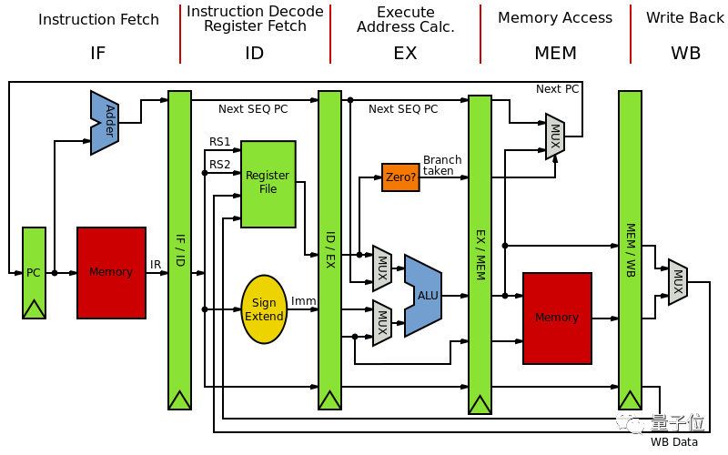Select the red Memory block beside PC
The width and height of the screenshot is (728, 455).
click(x=111, y=272)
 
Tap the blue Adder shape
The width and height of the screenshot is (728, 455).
click(x=106, y=122)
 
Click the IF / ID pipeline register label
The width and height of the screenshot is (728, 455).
click(x=179, y=249)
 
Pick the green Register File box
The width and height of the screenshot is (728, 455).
click(x=268, y=183)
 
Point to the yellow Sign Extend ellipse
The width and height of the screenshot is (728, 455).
click(x=264, y=309)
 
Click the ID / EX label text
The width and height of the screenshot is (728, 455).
click(x=329, y=249)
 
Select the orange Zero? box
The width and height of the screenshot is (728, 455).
click(x=400, y=177)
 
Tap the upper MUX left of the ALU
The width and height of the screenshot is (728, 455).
click(x=382, y=268)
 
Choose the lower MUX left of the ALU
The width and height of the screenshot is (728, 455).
click(x=382, y=323)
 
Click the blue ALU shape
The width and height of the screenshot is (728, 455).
click(x=424, y=295)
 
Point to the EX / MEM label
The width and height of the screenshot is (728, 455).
click(x=480, y=254)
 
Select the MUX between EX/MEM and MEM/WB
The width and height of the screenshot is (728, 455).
click(x=555, y=136)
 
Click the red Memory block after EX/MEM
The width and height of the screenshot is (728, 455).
click(x=557, y=318)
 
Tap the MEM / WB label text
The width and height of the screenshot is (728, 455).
click(x=630, y=249)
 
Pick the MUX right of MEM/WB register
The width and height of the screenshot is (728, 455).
click(x=678, y=282)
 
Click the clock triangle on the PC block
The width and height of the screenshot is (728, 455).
click(x=34, y=309)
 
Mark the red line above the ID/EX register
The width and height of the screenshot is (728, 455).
click(x=329, y=35)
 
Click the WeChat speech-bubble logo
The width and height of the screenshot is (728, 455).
click(x=630, y=422)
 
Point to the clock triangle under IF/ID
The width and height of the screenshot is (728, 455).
click(x=179, y=400)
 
